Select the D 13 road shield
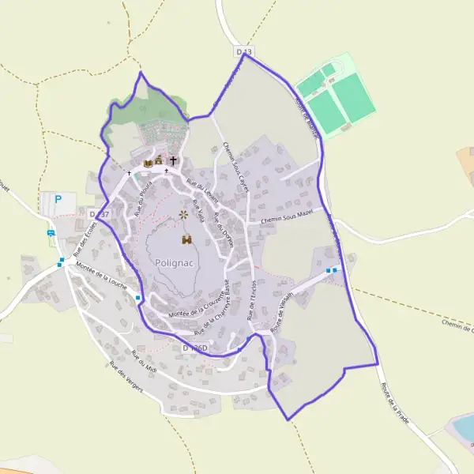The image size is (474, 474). pos(245,51)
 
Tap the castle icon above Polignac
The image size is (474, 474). pos(187,239)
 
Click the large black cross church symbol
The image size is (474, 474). pos(173,160)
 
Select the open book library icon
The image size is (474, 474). pos(148,163)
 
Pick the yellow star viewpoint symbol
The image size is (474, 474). pos(184,214)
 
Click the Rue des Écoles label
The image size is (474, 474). pos(85,238)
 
